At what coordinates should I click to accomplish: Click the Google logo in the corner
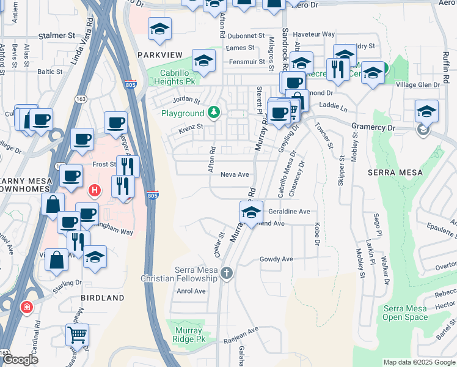[x=20, y=360]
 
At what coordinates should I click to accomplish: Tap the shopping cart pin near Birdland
[x=78, y=335]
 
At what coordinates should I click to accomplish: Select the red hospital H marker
[x=94, y=191]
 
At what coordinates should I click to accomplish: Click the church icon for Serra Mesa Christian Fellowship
[x=227, y=273]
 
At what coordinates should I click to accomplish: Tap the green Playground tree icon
[x=213, y=113]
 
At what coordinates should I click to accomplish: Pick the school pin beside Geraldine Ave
[x=251, y=212]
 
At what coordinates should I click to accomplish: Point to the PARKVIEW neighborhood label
[x=160, y=55]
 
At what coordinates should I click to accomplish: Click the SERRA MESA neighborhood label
[x=395, y=172]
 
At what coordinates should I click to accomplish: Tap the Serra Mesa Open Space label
[x=406, y=313]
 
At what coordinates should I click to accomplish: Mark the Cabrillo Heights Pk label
[x=174, y=76]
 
